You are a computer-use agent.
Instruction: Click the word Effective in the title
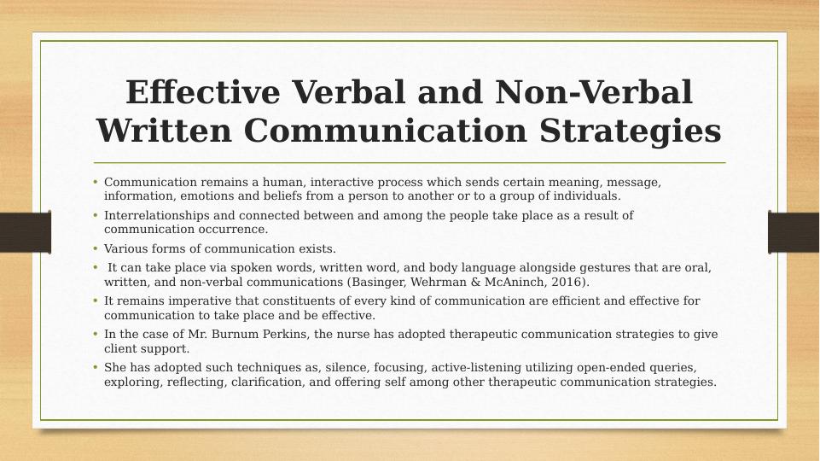(x=203, y=92)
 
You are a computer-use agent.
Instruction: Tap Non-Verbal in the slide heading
(x=594, y=92)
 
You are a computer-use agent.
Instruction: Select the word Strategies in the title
(x=631, y=131)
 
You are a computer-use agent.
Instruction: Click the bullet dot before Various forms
(x=96, y=248)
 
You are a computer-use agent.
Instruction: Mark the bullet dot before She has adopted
(x=96, y=367)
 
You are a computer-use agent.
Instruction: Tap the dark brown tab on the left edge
(x=25, y=232)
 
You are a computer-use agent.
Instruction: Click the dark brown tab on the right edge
(x=794, y=232)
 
